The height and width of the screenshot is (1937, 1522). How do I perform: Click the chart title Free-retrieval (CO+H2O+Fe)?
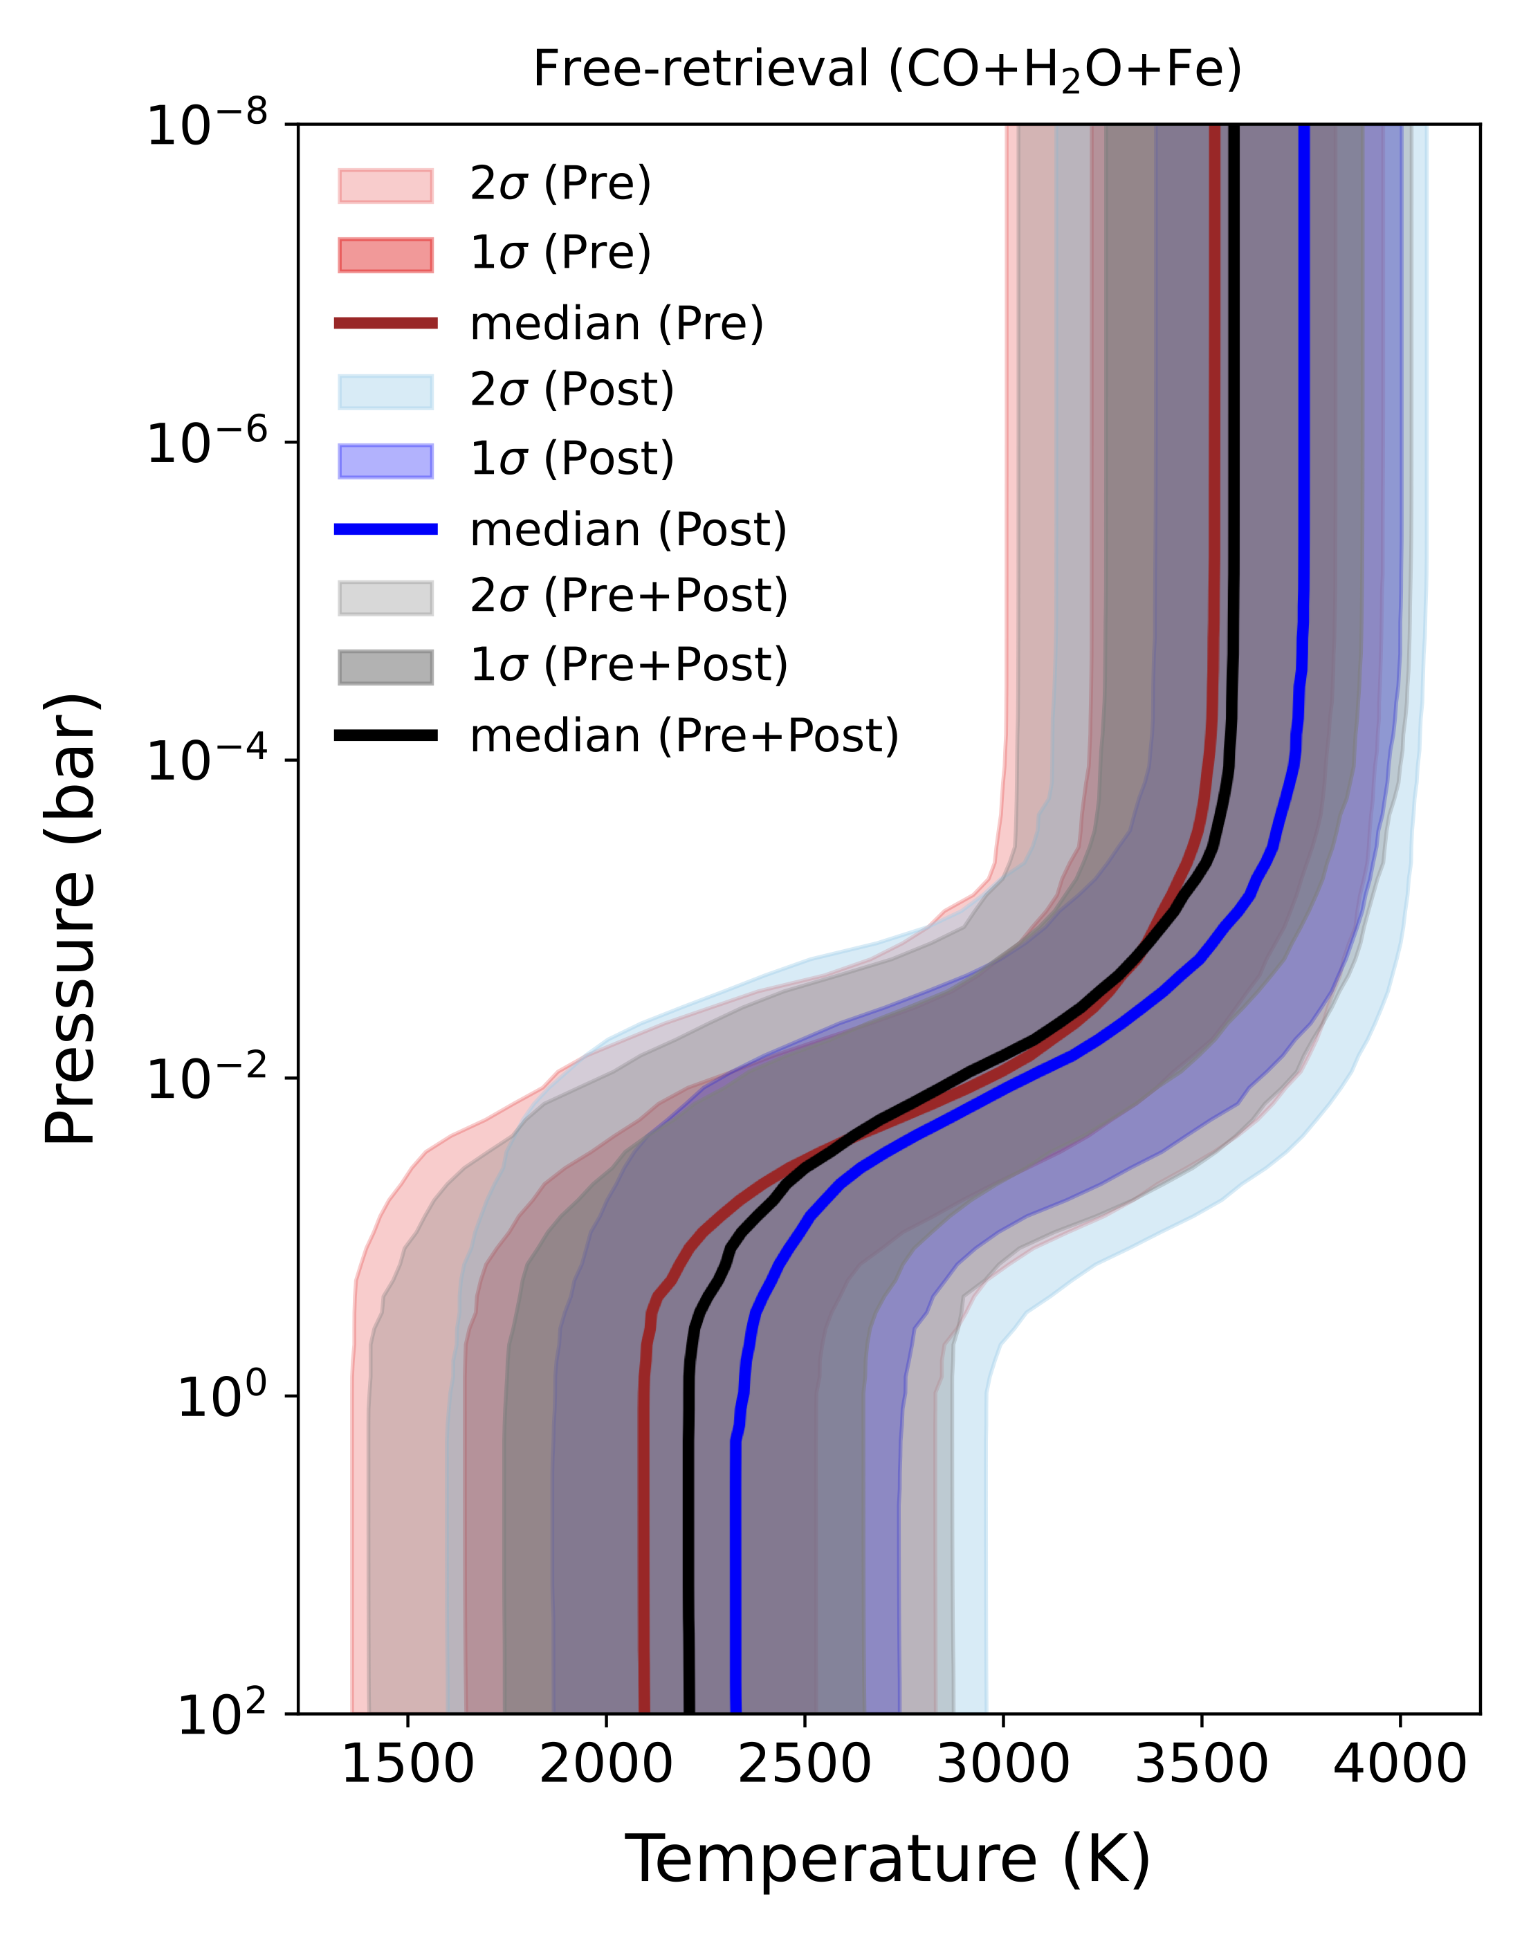tap(887, 69)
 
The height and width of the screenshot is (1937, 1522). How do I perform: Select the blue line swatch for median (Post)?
tap(386, 529)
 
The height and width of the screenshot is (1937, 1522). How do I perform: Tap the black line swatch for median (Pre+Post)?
tap(386, 735)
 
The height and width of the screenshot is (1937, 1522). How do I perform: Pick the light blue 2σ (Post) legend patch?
tap(386, 391)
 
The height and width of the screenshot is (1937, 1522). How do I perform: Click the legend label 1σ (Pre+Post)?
tap(629, 665)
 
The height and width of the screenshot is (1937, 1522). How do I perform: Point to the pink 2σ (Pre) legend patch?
tap(386, 185)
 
